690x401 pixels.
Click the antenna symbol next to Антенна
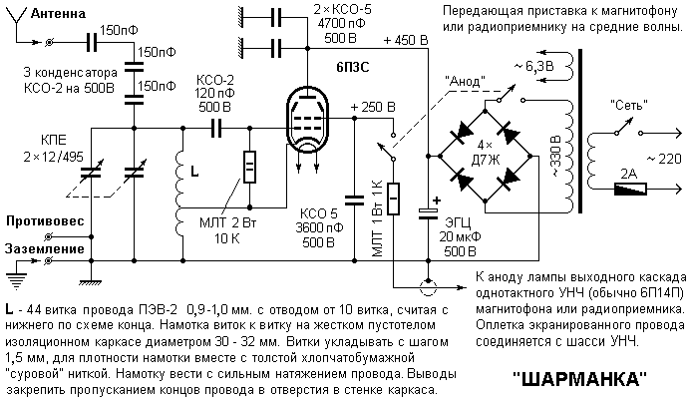pos(13,22)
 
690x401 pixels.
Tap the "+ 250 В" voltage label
pos(373,106)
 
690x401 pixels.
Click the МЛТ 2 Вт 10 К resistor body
pos(250,164)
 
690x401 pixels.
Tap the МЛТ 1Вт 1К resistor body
pos(395,199)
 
